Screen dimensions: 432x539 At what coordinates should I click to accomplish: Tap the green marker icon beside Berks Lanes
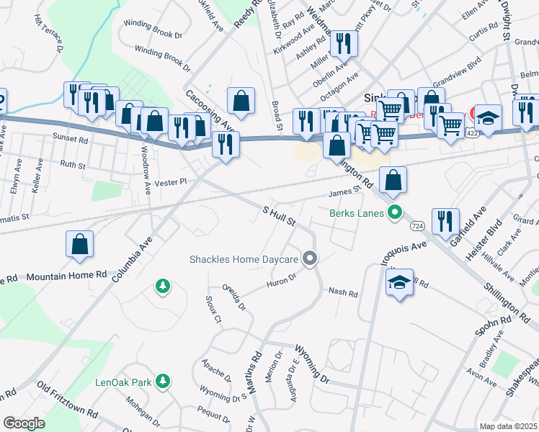pyautogui.click(x=393, y=213)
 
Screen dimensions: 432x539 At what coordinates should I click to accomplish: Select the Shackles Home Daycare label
pyautogui.click(x=244, y=259)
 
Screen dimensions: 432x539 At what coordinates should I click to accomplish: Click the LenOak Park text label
pyautogui.click(x=123, y=382)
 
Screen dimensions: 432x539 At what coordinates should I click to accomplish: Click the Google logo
pyautogui.click(x=24, y=423)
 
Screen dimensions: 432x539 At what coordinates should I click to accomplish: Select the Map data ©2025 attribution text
pyautogui.click(x=508, y=426)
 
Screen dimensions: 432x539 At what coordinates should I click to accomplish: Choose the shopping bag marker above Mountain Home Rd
pyautogui.click(x=80, y=244)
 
